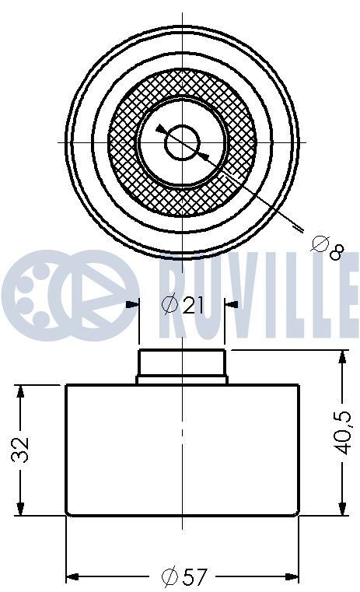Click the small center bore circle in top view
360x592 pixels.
[x=183, y=142]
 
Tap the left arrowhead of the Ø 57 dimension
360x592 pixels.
[x=72, y=576]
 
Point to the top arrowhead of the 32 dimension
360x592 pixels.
[x=21, y=389]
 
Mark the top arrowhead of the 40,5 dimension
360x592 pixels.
[x=343, y=357]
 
